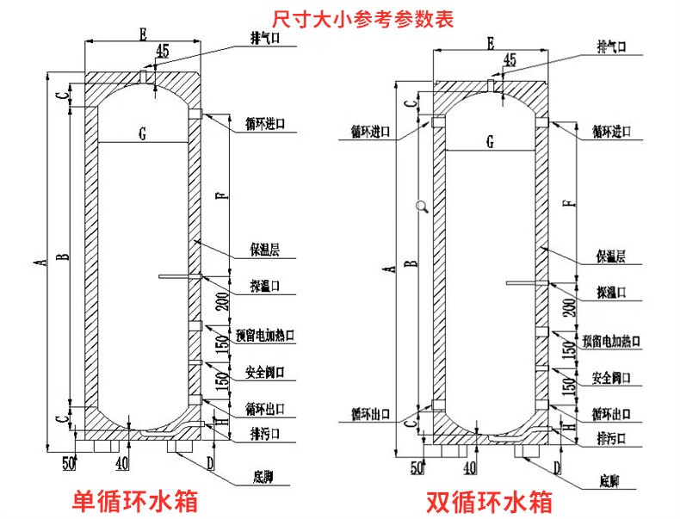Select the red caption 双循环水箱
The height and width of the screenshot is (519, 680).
488,501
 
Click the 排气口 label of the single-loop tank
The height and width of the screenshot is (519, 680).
263,39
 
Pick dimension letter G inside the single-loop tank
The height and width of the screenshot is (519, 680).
142,133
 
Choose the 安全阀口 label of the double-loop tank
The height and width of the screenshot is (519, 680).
613,378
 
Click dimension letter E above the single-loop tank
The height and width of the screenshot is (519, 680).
142,34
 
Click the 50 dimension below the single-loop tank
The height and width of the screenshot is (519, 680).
69,465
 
